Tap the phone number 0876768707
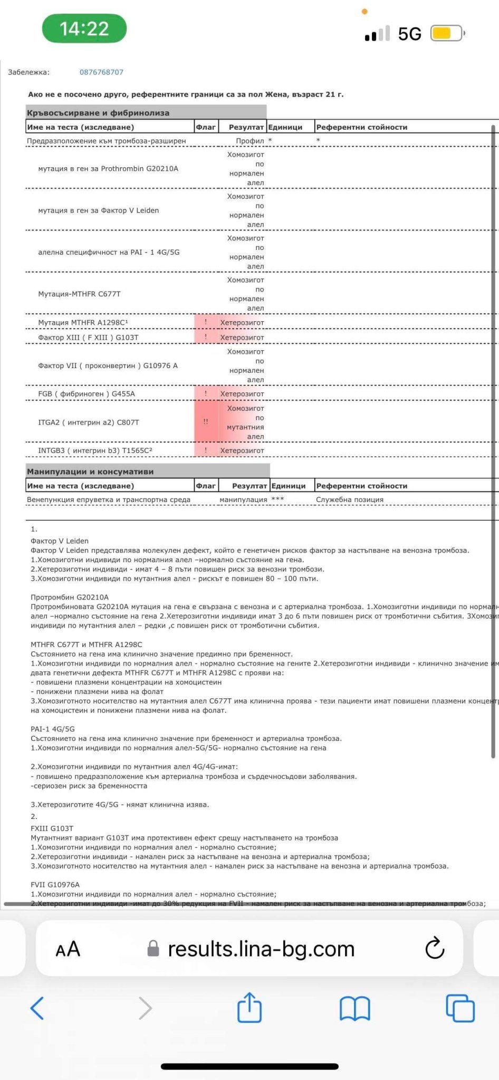coord(101,72)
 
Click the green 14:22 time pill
coord(84,28)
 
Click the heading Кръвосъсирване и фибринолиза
coord(98,113)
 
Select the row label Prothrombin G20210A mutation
coord(108,169)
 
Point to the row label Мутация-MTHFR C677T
coord(79,294)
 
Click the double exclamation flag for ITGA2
coord(206,422)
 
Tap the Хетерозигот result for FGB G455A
coord(242,394)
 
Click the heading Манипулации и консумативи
coord(90,471)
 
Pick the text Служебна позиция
coord(350,499)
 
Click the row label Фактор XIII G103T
coord(88,337)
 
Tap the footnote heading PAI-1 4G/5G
coord(53,729)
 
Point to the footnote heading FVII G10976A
coord(55,884)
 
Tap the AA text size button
coord(68,949)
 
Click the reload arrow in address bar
coord(435,949)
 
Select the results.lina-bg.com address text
coord(261,949)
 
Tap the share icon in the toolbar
coord(249,1008)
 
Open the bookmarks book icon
coord(355,1009)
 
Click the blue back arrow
coord(37,1008)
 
